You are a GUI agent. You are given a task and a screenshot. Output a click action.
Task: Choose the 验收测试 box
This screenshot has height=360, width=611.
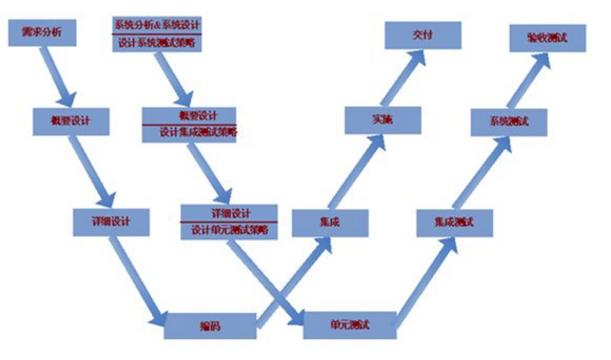coord(548,37)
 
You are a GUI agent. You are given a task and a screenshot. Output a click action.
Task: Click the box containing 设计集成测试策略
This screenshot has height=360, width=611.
coord(189,124)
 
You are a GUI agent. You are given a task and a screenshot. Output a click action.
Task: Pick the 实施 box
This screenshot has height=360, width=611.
coord(382,120)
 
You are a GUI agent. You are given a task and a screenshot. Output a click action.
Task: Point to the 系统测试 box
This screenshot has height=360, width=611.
coord(509,122)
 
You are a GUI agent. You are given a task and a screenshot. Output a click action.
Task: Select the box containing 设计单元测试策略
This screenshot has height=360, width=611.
coord(229,221)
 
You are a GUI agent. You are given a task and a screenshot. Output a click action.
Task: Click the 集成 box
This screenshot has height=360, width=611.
coord(330,222)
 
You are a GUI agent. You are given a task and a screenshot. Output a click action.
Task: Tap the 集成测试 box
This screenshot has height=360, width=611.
coord(455,222)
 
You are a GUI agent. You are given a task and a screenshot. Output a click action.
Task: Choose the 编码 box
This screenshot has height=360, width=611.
coord(210,325)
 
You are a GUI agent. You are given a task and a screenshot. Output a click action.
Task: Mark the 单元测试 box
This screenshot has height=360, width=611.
coord(349,325)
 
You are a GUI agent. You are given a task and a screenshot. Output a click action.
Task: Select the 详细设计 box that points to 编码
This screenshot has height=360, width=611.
coord(111,222)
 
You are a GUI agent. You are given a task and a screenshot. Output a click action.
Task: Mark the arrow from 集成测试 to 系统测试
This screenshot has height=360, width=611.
coord(481,172)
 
